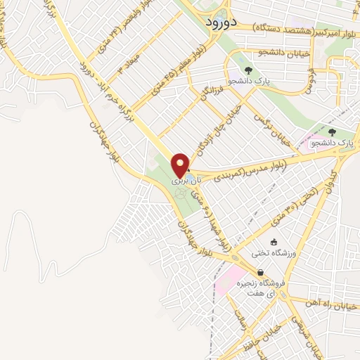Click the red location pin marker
(x=181, y=164)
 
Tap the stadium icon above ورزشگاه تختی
(x=273, y=242)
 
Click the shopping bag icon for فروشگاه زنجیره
(x=260, y=273)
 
